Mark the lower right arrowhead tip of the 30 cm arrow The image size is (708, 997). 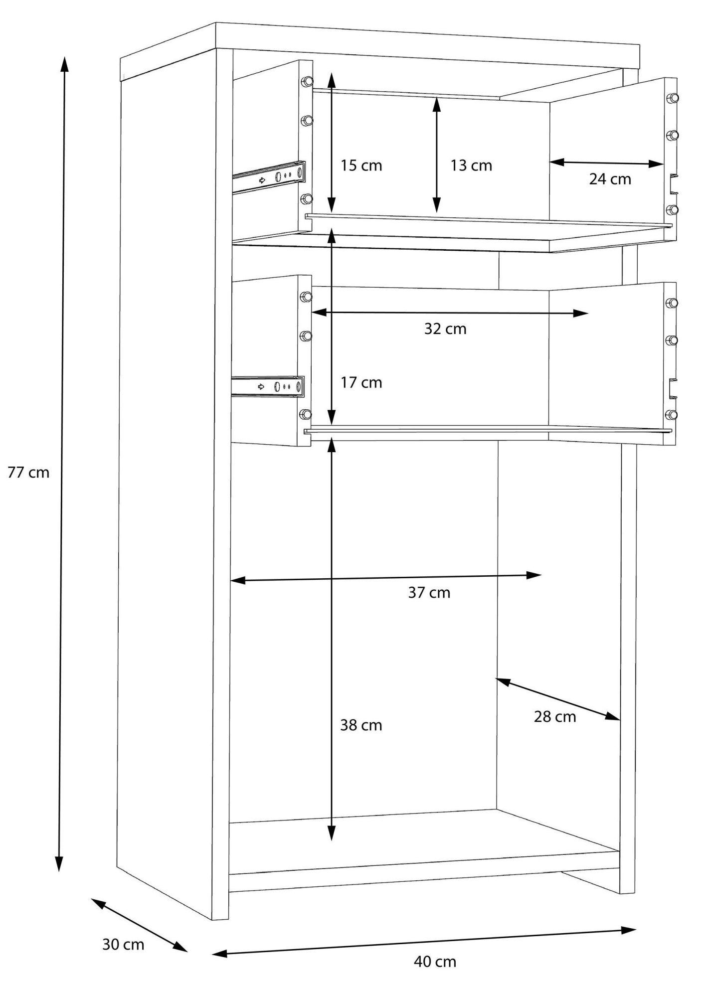(187, 952)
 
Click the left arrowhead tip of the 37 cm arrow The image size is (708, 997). (230, 580)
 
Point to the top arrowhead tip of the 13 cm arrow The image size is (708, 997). (437, 97)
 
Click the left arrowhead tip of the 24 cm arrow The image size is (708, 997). (549, 161)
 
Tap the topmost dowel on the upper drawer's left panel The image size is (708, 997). (307, 81)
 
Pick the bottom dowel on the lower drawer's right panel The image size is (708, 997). (672, 414)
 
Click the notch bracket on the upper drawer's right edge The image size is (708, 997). (673, 184)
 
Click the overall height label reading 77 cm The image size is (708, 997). (29, 472)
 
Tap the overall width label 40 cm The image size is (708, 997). (435, 962)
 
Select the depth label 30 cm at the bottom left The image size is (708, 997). (123, 944)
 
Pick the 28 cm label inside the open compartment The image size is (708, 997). (555, 717)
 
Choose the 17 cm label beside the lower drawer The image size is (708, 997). (361, 383)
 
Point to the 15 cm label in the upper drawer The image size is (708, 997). (361, 166)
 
